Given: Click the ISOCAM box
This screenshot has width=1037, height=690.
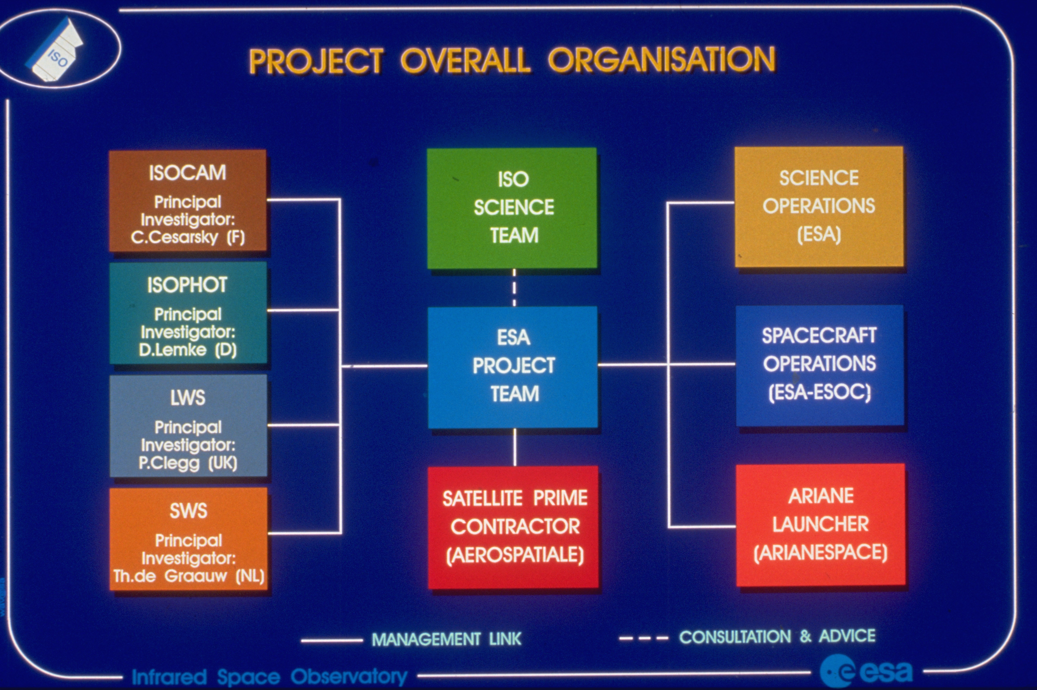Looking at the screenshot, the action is pos(188,201).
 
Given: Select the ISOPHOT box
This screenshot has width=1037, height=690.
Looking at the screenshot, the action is pos(188,313).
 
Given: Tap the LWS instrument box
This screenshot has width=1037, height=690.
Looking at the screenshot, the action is pos(188,426).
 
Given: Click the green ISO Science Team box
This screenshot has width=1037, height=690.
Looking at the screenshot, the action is pos(512,208).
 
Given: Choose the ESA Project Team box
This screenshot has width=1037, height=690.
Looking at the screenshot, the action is pos(513,367).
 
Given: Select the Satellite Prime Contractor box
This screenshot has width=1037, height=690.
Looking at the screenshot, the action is pos(514,527).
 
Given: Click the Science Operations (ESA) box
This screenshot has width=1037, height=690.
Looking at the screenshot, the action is pos(819,207).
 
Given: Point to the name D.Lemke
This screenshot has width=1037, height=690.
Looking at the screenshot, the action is pos(173,350).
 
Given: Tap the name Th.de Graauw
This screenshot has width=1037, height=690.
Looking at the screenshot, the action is pos(170,576).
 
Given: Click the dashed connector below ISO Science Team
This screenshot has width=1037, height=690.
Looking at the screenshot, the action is pos(514,287).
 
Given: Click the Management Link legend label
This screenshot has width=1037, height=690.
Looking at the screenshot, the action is pos(447,639).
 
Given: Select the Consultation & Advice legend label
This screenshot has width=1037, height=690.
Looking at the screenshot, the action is pos(777,636).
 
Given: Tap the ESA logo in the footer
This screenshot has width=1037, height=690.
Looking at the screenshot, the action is pos(866,671).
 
